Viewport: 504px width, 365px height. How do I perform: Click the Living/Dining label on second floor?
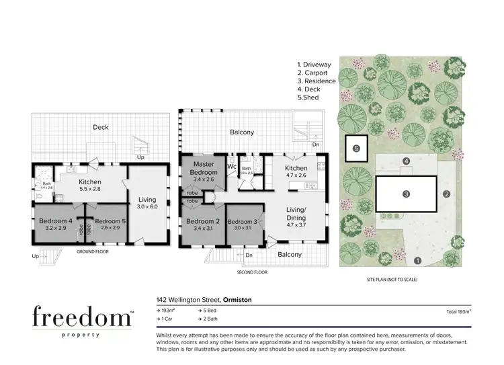point(296,214)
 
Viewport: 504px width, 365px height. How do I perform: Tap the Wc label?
point(230,167)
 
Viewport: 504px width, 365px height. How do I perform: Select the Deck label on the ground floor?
point(100,127)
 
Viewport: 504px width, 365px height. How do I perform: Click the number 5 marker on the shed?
point(356,148)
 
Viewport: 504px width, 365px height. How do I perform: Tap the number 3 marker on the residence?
point(406,194)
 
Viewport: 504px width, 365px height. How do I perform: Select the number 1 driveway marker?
point(417,260)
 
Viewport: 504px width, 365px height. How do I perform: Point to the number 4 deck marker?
point(406,161)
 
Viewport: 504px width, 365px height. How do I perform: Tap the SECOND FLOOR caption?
point(252,272)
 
